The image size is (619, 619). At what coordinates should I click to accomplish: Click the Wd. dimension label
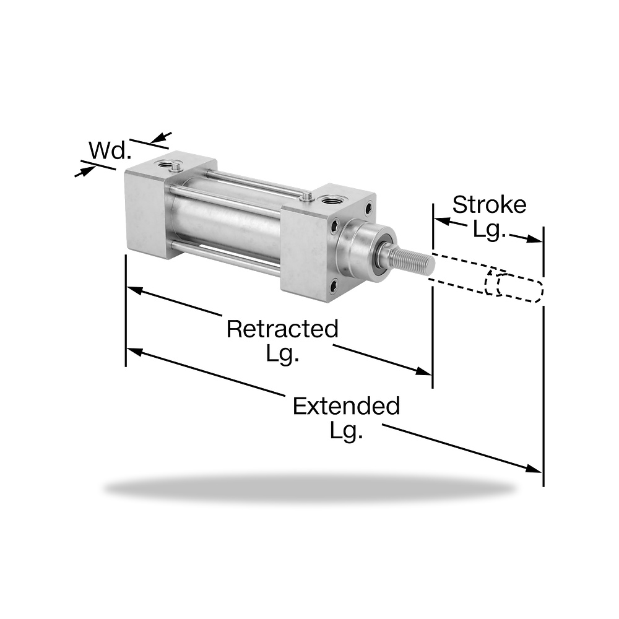tap(110, 150)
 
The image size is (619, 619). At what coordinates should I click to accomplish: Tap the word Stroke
tap(489, 204)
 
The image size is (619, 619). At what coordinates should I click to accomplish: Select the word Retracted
tap(282, 329)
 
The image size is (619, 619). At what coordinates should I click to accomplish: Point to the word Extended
tap(346, 406)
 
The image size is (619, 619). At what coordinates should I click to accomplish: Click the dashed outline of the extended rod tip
tap(519, 288)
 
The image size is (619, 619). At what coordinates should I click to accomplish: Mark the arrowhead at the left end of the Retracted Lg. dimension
tap(134, 290)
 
